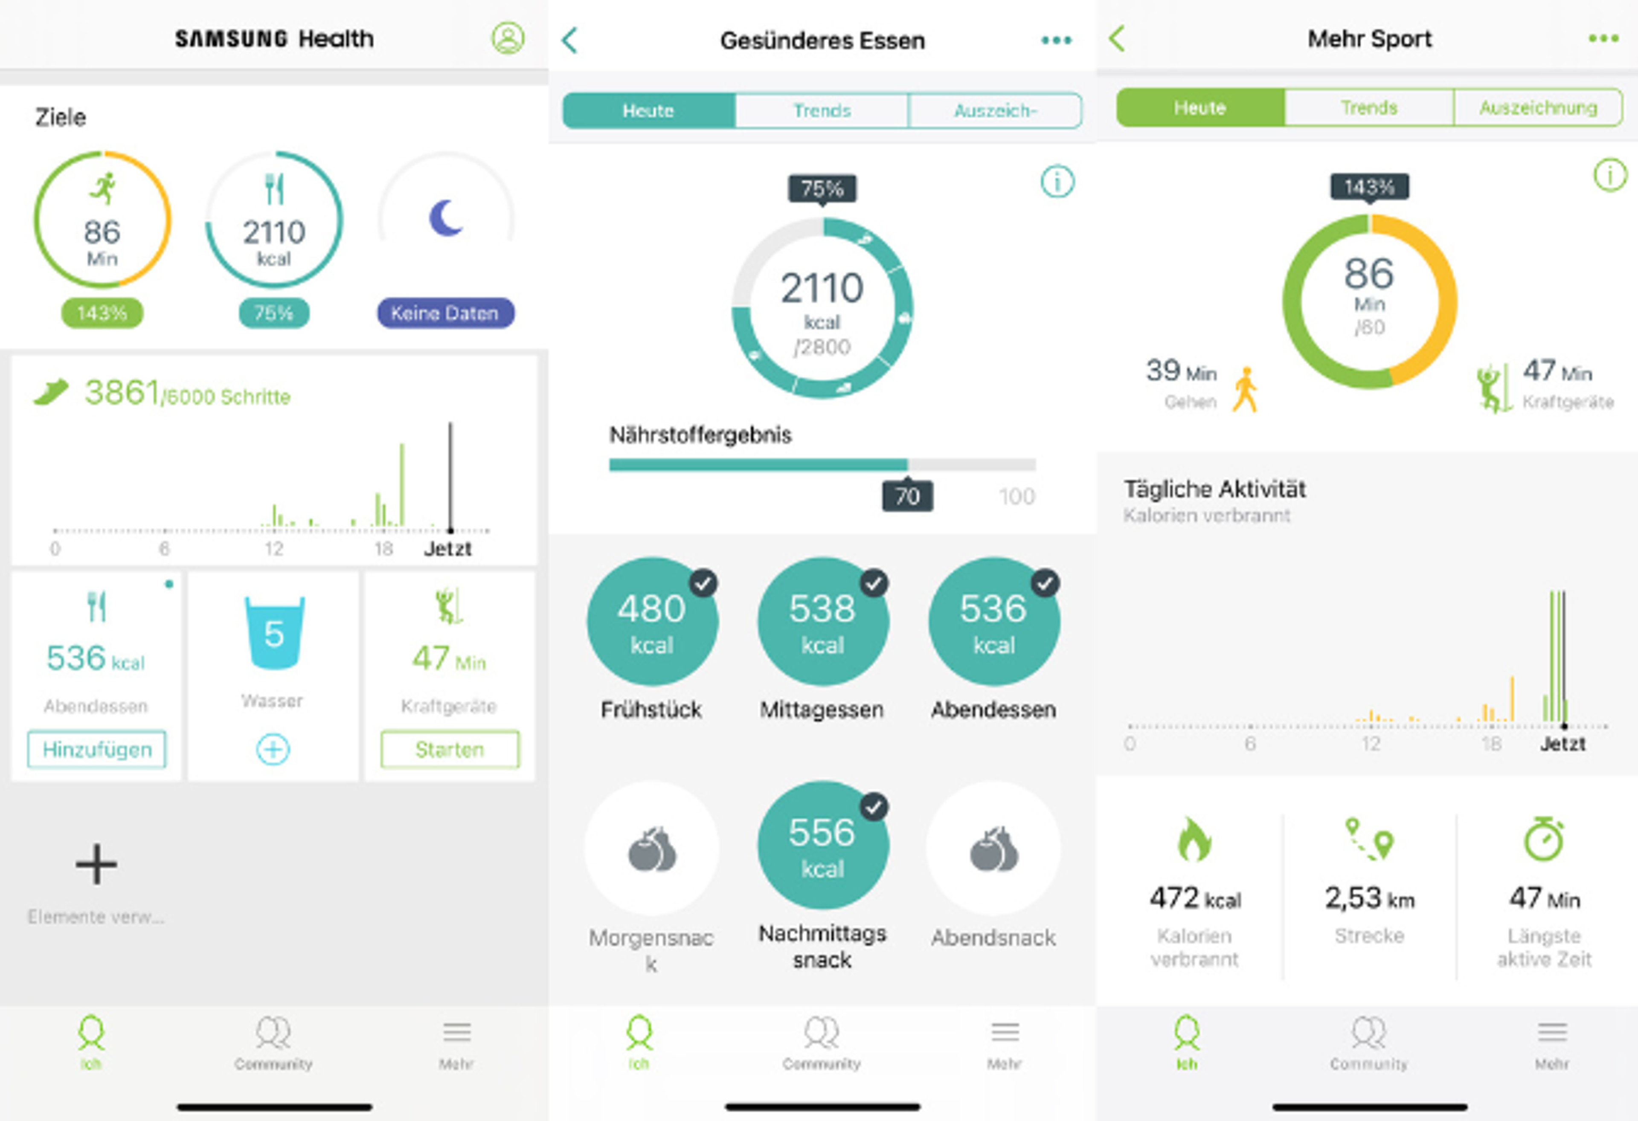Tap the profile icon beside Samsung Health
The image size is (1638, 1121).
pos(508,38)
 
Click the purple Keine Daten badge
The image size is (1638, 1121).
pos(445,313)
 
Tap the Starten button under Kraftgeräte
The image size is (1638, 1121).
pos(450,749)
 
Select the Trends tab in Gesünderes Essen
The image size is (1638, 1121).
pos(822,110)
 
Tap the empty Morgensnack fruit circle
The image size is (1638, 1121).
pos(652,849)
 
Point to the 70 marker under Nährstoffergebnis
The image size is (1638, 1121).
pos(907,496)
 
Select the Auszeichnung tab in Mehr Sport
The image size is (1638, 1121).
pos(1538,108)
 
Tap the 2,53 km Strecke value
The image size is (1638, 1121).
pos(1369,898)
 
